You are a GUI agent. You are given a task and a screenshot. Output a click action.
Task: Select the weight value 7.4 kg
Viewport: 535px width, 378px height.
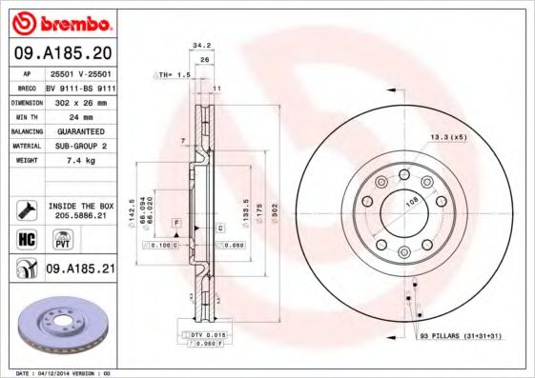pos(81,162)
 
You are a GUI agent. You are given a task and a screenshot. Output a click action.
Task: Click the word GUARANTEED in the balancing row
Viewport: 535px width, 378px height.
pos(81,130)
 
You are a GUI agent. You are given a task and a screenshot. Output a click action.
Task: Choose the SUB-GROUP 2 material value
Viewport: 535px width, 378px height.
pos(81,146)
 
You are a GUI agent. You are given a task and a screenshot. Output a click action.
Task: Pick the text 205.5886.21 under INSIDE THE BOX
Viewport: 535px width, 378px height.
pos(81,216)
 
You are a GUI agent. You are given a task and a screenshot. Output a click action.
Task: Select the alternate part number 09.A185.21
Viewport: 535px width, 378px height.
pos(81,269)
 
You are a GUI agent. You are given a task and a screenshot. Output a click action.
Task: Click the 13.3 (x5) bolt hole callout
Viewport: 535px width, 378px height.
pos(447,137)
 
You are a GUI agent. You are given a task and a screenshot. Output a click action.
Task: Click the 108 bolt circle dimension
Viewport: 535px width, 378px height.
pos(413,202)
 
